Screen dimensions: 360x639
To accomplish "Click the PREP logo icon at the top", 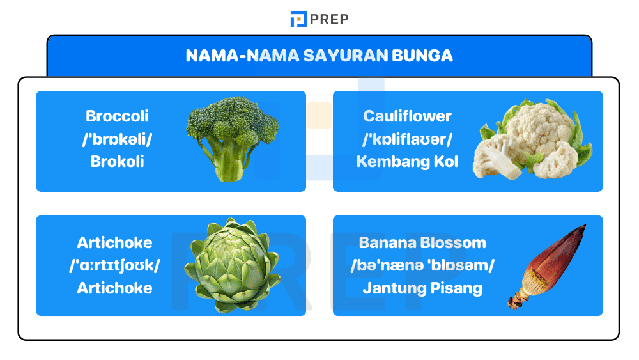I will click(x=298, y=20).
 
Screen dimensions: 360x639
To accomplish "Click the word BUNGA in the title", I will click(x=424, y=56).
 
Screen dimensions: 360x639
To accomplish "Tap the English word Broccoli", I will click(x=117, y=116).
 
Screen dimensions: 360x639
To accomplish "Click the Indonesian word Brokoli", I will click(x=117, y=161).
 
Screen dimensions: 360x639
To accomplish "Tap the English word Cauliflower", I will click(x=407, y=116).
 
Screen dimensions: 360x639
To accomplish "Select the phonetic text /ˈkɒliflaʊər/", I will click(x=407, y=139).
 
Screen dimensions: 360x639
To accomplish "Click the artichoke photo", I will click(x=232, y=265).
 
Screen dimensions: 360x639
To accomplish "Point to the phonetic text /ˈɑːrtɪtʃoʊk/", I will click(x=115, y=265).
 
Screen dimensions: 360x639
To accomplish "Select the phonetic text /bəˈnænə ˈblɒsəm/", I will click(x=422, y=265).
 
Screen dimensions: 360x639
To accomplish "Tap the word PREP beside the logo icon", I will click(x=329, y=20).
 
